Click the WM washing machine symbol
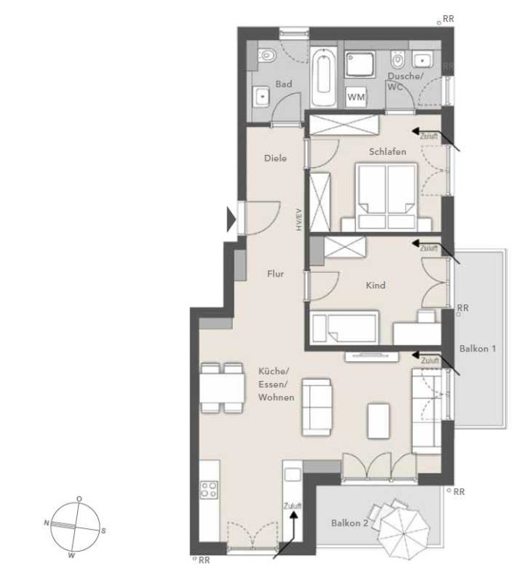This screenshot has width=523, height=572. point(356,97)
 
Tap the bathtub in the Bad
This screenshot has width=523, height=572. point(323,77)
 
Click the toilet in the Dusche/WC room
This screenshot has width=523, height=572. point(398,60)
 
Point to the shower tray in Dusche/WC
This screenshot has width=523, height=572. point(361,64)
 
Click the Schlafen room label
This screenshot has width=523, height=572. point(387,151)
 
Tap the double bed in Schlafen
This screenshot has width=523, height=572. point(387,196)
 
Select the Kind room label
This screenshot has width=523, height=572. point(376,285)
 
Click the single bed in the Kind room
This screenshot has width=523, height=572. point(344,327)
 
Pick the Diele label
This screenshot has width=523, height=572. point(275,158)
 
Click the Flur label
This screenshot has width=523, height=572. point(275,274)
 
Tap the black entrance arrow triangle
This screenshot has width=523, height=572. point(231,219)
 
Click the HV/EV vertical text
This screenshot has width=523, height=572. point(299,219)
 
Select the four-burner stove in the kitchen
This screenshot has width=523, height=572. point(209,490)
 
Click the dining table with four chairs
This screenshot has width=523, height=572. point(222,388)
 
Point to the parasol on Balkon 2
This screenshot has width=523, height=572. point(404,533)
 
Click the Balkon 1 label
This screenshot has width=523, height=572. point(478,348)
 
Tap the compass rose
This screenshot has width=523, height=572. point(75,527)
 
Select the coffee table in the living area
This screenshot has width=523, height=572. point(379,420)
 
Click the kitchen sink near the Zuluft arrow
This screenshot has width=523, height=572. point(292,475)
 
